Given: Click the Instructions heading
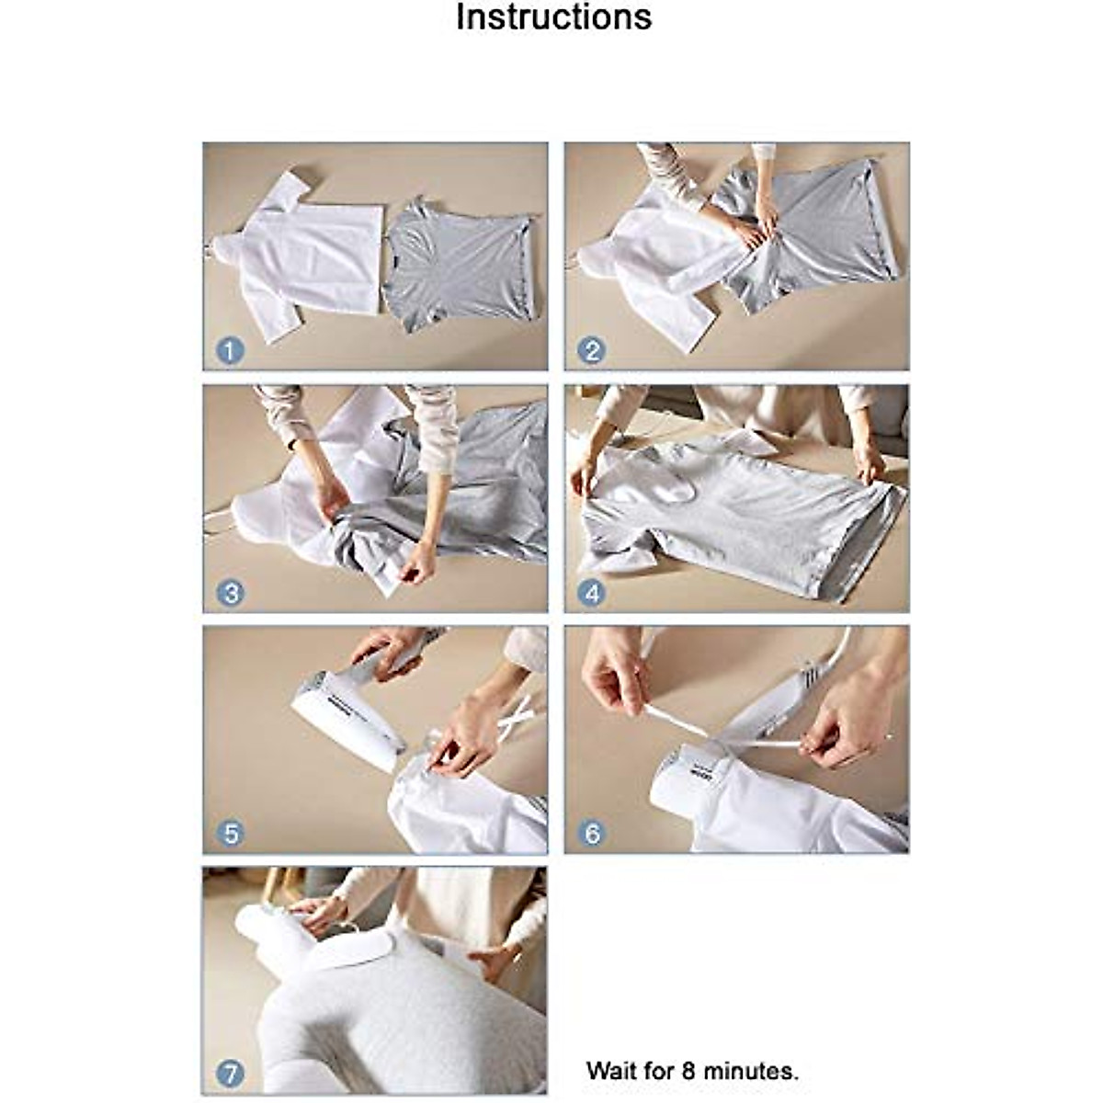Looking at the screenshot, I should (553, 18).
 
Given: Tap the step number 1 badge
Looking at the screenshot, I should (230, 350).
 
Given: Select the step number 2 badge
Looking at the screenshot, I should (591, 350).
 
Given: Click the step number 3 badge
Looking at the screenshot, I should (230, 593).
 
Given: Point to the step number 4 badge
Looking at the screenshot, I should (591, 593).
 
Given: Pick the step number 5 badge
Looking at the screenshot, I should (230, 834).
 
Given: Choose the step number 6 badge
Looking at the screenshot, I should (591, 834).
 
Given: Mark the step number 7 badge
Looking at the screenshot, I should (230, 1075).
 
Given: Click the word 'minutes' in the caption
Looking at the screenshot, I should (751, 1071).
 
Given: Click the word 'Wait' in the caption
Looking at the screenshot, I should (609, 1071).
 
